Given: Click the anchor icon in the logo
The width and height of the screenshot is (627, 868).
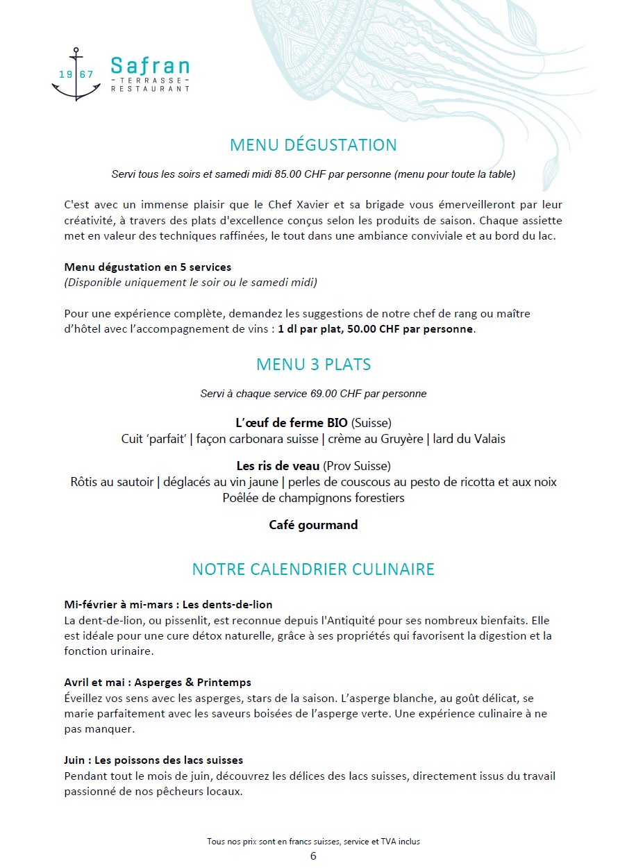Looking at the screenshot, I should [76, 74].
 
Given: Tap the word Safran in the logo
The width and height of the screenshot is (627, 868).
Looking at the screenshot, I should [150, 66].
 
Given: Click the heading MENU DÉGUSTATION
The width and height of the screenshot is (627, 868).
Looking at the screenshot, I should [313, 145].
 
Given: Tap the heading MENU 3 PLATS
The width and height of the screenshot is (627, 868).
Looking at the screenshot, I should [313, 365].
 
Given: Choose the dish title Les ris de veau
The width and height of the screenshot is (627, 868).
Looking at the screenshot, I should [278, 466].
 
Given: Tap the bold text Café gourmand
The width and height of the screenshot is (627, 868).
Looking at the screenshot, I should [313, 525].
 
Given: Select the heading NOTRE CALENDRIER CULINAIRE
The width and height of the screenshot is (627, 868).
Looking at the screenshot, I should [313, 569].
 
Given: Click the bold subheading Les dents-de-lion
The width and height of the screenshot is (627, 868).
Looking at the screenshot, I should [227, 605].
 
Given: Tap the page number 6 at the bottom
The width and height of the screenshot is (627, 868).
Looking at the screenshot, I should [313, 856].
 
